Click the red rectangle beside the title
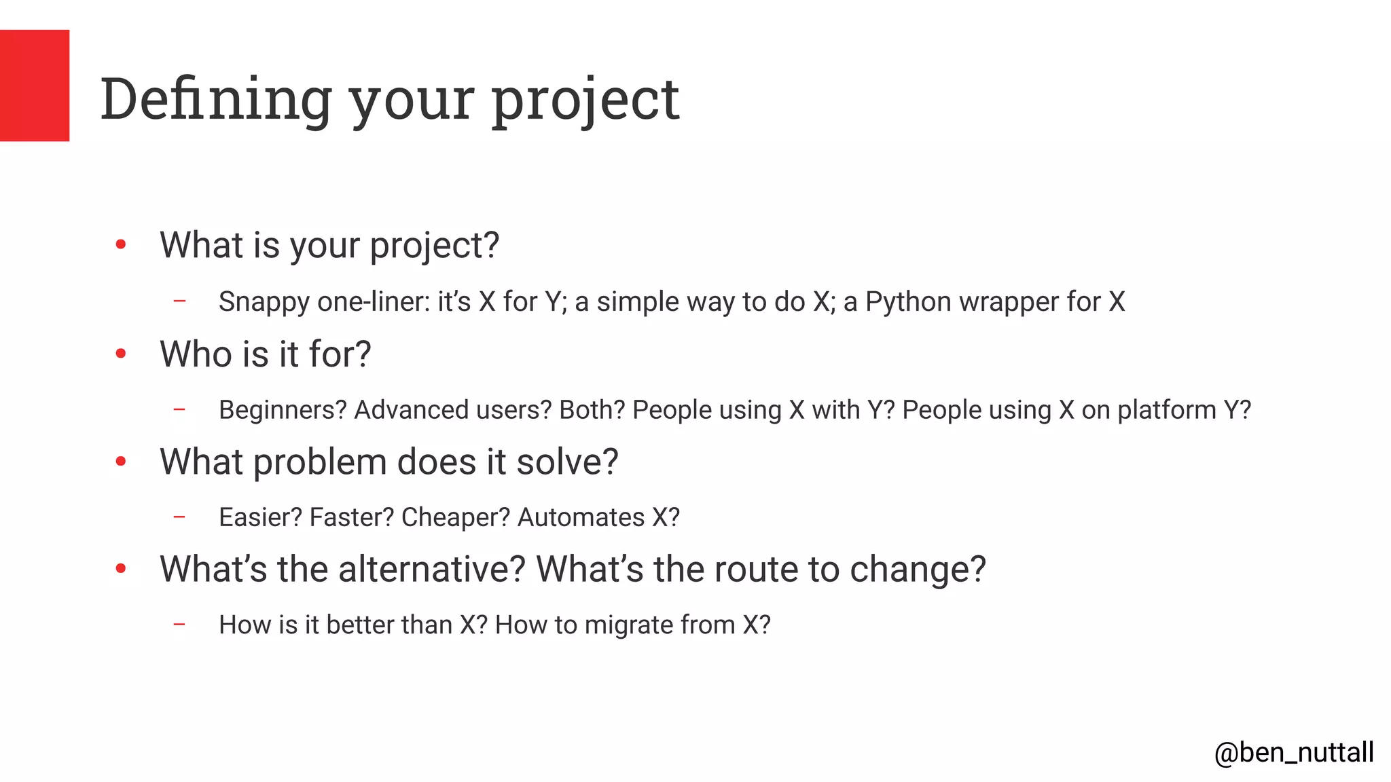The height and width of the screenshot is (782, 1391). coord(35,86)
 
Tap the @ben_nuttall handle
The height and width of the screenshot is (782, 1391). coord(1294,753)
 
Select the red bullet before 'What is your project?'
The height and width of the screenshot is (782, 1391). coord(121,244)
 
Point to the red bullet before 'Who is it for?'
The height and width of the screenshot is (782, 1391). coord(121,353)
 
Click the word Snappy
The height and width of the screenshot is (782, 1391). coord(264,302)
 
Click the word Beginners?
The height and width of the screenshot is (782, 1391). coord(283,410)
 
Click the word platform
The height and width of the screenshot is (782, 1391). coord(1166,410)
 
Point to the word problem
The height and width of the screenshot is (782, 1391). coord(320,462)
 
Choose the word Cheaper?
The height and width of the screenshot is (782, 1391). coord(455,517)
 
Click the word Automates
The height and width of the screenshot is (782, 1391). coord(581,517)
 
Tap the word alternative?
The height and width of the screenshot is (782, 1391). coord(432,569)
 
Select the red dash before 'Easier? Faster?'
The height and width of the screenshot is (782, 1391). coord(179,517)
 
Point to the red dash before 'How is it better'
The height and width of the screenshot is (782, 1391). coord(179,624)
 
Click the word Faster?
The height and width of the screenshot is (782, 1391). coord(351,517)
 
